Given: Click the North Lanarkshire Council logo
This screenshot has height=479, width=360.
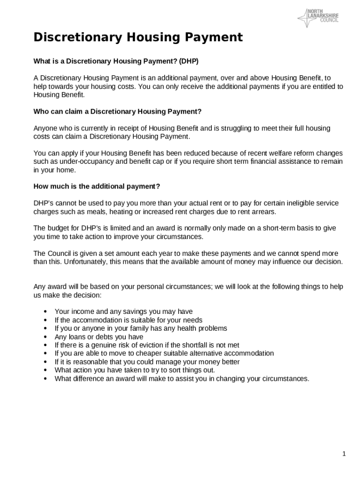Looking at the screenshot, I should [x=318, y=18].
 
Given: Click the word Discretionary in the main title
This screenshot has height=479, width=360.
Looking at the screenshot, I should [x=74, y=37].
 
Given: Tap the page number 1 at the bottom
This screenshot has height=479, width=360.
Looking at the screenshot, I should [x=344, y=454].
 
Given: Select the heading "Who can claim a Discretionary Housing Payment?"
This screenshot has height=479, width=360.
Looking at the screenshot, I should [x=117, y=111].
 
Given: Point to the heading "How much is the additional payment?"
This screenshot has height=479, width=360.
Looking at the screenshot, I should [x=97, y=186].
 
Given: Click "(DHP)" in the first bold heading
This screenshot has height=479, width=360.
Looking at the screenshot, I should [x=193, y=61].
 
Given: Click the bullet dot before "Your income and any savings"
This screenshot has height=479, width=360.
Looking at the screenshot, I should [x=45, y=312].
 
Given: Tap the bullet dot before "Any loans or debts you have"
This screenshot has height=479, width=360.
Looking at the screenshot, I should [x=45, y=337].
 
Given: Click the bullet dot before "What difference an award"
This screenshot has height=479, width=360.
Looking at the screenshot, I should [x=45, y=379].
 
